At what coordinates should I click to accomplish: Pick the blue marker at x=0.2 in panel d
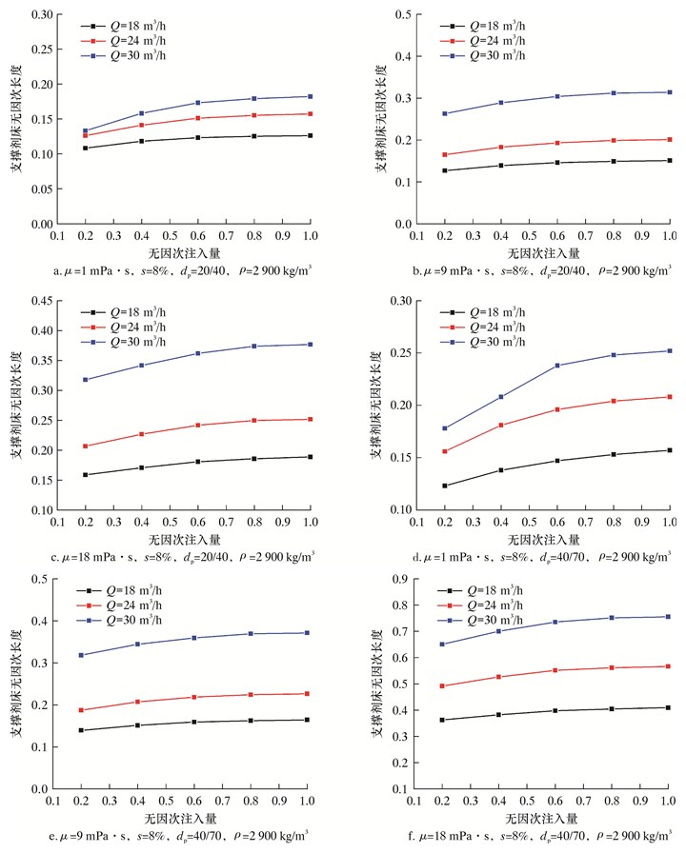[x=445, y=428]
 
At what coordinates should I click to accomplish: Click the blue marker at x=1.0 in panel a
[x=311, y=96]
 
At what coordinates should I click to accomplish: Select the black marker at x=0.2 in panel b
[x=445, y=170]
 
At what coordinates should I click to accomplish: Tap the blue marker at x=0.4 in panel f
[x=501, y=631]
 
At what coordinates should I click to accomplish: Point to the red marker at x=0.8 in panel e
[x=253, y=695]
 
